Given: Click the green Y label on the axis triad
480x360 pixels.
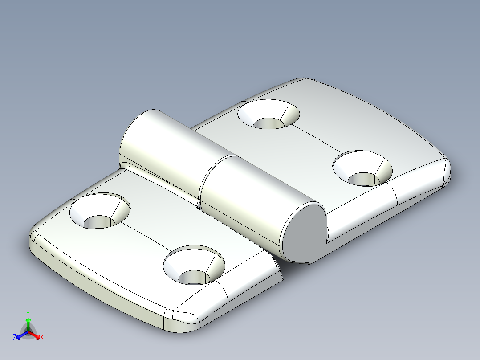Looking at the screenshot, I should coord(28,313).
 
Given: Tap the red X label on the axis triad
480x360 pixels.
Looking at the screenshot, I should coord(41,338).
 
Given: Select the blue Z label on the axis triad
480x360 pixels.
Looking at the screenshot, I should coord(15,338).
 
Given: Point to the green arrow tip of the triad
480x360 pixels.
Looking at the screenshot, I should coord(28,320).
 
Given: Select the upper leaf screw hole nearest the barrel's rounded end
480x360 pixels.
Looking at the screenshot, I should coord(268,115).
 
